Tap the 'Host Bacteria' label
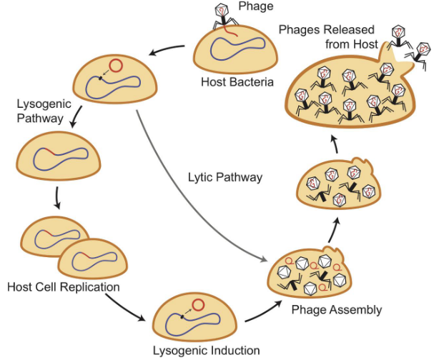tap(237, 82)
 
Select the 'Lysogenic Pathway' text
tap(36, 109)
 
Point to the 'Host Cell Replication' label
tap(63, 287)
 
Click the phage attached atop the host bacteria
tap(223, 17)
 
